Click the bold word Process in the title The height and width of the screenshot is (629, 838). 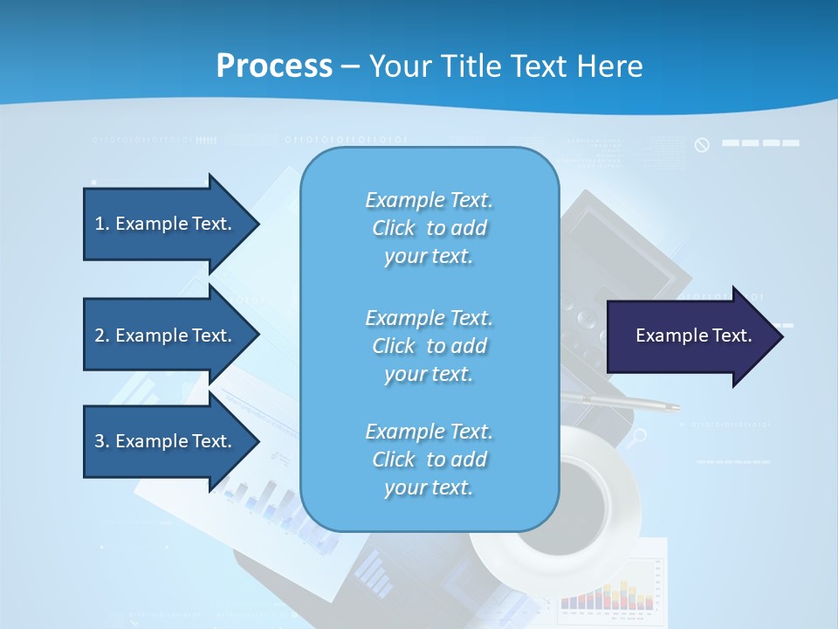pyautogui.click(x=274, y=66)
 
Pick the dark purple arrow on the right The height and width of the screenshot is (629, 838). pyautogui.click(x=690, y=335)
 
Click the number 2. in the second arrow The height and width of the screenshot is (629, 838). pyautogui.click(x=102, y=335)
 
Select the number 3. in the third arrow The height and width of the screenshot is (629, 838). pyautogui.click(x=102, y=441)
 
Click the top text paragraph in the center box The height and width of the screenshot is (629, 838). pyautogui.click(x=429, y=228)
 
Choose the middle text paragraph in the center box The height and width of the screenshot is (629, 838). pyautogui.click(x=429, y=345)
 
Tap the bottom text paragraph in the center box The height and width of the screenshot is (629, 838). pyautogui.click(x=429, y=460)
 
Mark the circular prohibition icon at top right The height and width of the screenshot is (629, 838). pyautogui.click(x=702, y=145)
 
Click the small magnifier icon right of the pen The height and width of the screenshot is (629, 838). pyautogui.click(x=641, y=435)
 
